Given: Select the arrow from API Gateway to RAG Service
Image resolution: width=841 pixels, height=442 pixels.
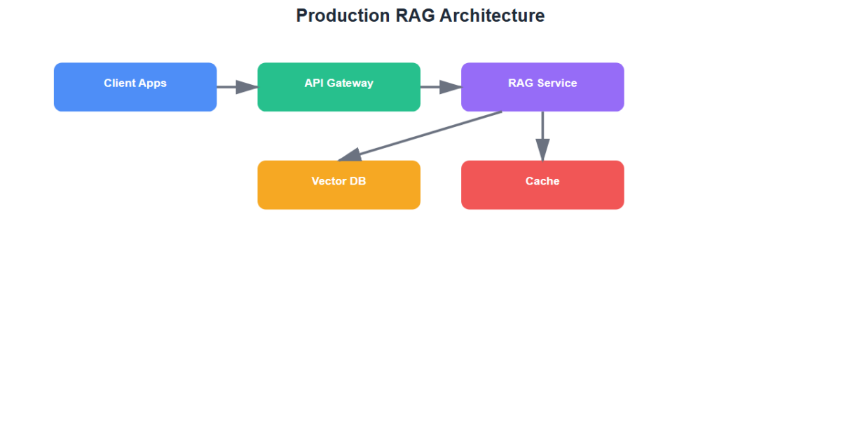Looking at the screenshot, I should pos(439,87).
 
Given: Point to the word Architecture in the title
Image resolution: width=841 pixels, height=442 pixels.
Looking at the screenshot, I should pos(492,15).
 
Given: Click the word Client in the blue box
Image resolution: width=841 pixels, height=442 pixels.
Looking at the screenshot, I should pos(120,83).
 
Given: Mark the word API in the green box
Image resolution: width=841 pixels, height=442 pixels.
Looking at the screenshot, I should pos(313,83).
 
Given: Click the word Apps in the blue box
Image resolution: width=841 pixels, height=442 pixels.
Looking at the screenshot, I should pos(153,83).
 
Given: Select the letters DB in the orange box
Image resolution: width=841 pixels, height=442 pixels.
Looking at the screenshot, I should pos(358,181).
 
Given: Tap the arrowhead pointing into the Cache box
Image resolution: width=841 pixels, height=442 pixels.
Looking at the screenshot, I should pos(542,151).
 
